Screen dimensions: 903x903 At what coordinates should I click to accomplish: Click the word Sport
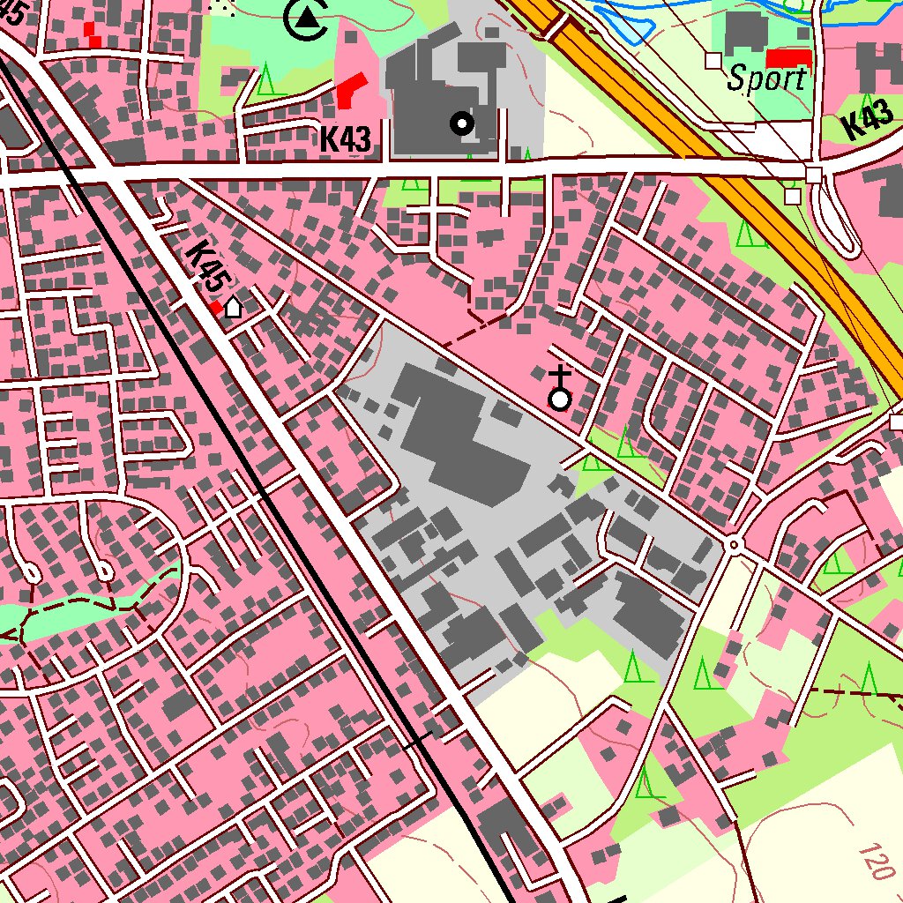(x=766, y=79)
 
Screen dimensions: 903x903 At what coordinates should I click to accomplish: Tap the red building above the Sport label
(x=788, y=58)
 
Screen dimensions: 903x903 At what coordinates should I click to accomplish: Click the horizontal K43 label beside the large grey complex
(x=345, y=139)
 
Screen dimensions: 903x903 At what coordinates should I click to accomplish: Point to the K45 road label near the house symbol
(x=204, y=267)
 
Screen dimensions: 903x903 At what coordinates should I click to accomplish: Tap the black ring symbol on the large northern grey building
(x=461, y=123)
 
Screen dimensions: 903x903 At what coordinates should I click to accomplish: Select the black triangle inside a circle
(x=307, y=18)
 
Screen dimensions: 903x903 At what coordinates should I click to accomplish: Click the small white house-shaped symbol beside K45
(x=233, y=307)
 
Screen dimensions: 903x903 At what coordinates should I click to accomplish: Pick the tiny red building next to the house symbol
(x=216, y=307)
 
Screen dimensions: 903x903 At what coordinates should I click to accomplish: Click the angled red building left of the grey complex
(x=351, y=90)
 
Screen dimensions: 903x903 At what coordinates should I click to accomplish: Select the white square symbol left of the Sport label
(x=713, y=59)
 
